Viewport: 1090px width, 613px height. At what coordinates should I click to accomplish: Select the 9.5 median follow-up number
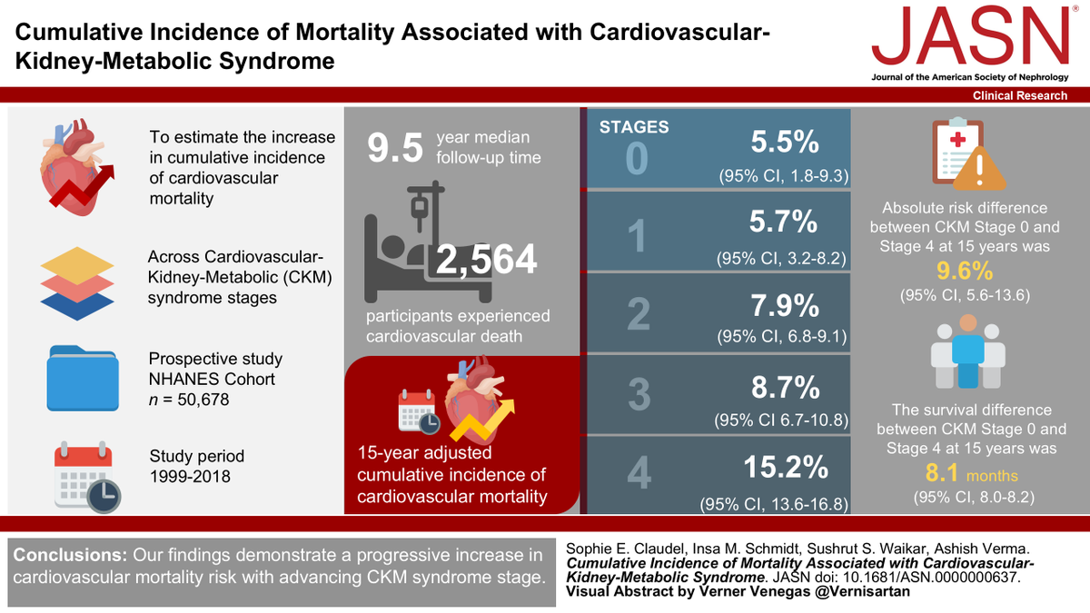(395, 149)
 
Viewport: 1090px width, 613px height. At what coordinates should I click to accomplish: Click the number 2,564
(488, 262)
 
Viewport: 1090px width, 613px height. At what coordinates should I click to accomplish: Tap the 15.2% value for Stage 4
(786, 467)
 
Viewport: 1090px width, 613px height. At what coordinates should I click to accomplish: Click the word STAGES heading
(633, 126)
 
